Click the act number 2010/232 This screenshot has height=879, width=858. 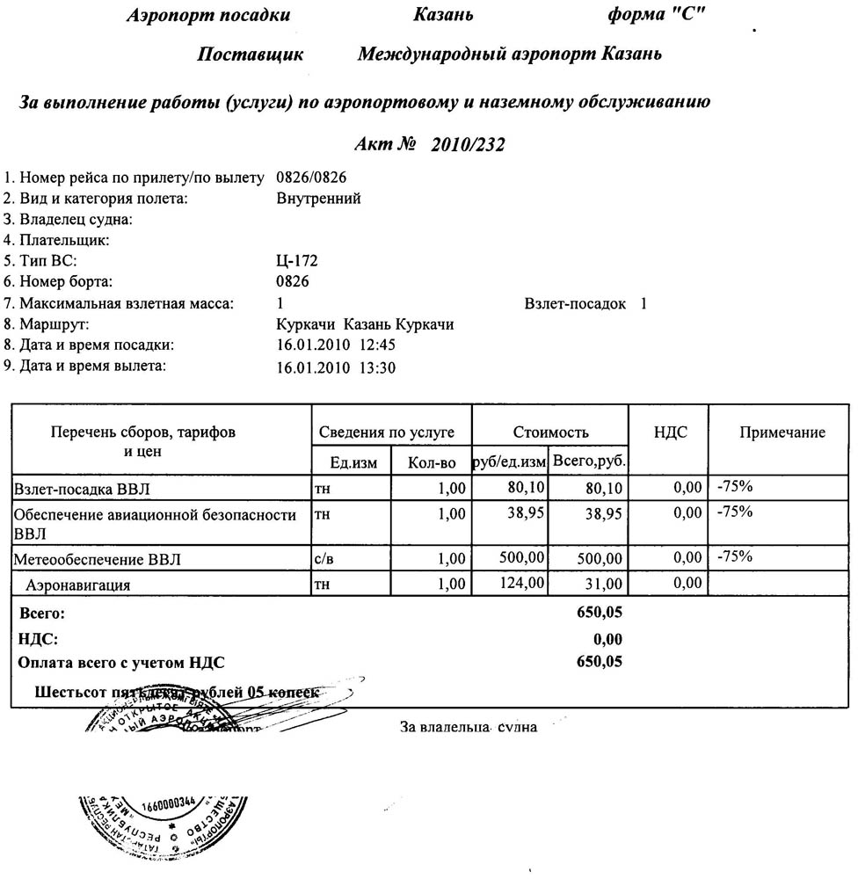469,146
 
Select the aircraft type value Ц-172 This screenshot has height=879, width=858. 296,261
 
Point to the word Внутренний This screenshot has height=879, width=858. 318,199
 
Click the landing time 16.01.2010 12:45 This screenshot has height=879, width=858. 336,345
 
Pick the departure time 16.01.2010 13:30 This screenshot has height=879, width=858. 336,367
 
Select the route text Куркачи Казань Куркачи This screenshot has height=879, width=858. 365,325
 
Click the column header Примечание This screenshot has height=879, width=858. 782,432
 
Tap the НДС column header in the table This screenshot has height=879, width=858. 670,432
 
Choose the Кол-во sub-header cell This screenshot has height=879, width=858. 433,462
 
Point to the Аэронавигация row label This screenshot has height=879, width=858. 79,584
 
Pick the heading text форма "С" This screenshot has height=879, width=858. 657,15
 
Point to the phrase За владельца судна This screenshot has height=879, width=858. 469,727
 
